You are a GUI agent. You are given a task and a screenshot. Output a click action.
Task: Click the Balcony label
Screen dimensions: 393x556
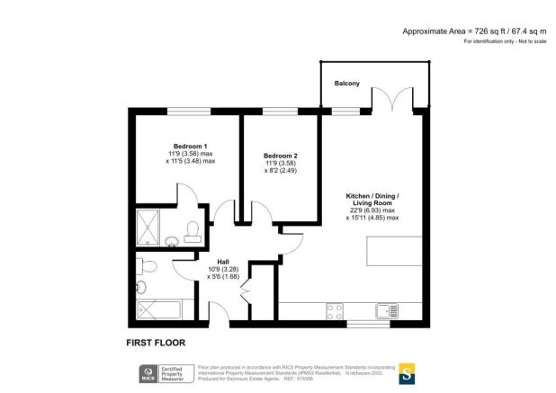pyautogui.click(x=347, y=84)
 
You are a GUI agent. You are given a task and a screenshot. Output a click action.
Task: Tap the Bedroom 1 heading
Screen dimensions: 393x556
pyautogui.click(x=190, y=147)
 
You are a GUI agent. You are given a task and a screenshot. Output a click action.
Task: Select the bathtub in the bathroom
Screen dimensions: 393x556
pyautogui.click(x=159, y=310)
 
